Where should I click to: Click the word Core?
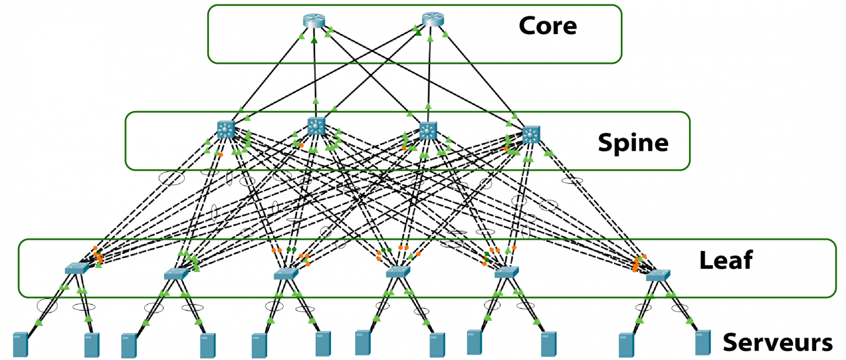pos(547,25)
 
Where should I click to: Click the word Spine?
pos(633,143)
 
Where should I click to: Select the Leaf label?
pos(725,260)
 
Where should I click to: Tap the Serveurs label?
pos(777,342)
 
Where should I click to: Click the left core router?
pos(314,21)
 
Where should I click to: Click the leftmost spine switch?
pos(226,130)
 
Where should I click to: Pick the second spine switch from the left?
pos(316,126)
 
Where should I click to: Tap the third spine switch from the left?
pos(428,130)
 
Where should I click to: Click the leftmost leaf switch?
pos(77,269)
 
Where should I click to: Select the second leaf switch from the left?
pos(176,274)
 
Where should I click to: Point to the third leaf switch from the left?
pos(286,273)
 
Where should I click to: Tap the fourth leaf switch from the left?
pos(398,272)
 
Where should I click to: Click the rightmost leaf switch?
pos(658,275)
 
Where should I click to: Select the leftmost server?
pos(20,345)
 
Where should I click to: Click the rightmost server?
pos(702,342)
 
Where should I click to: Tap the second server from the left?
pos(91,345)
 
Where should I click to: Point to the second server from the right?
pos(625,345)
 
